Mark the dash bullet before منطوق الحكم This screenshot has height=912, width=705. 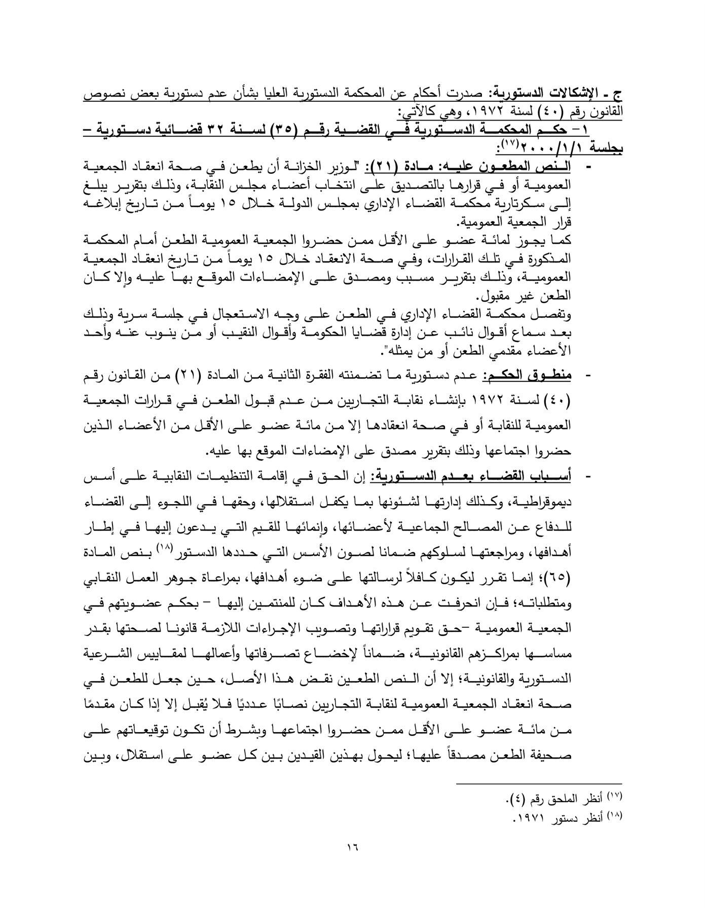click(588, 376)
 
